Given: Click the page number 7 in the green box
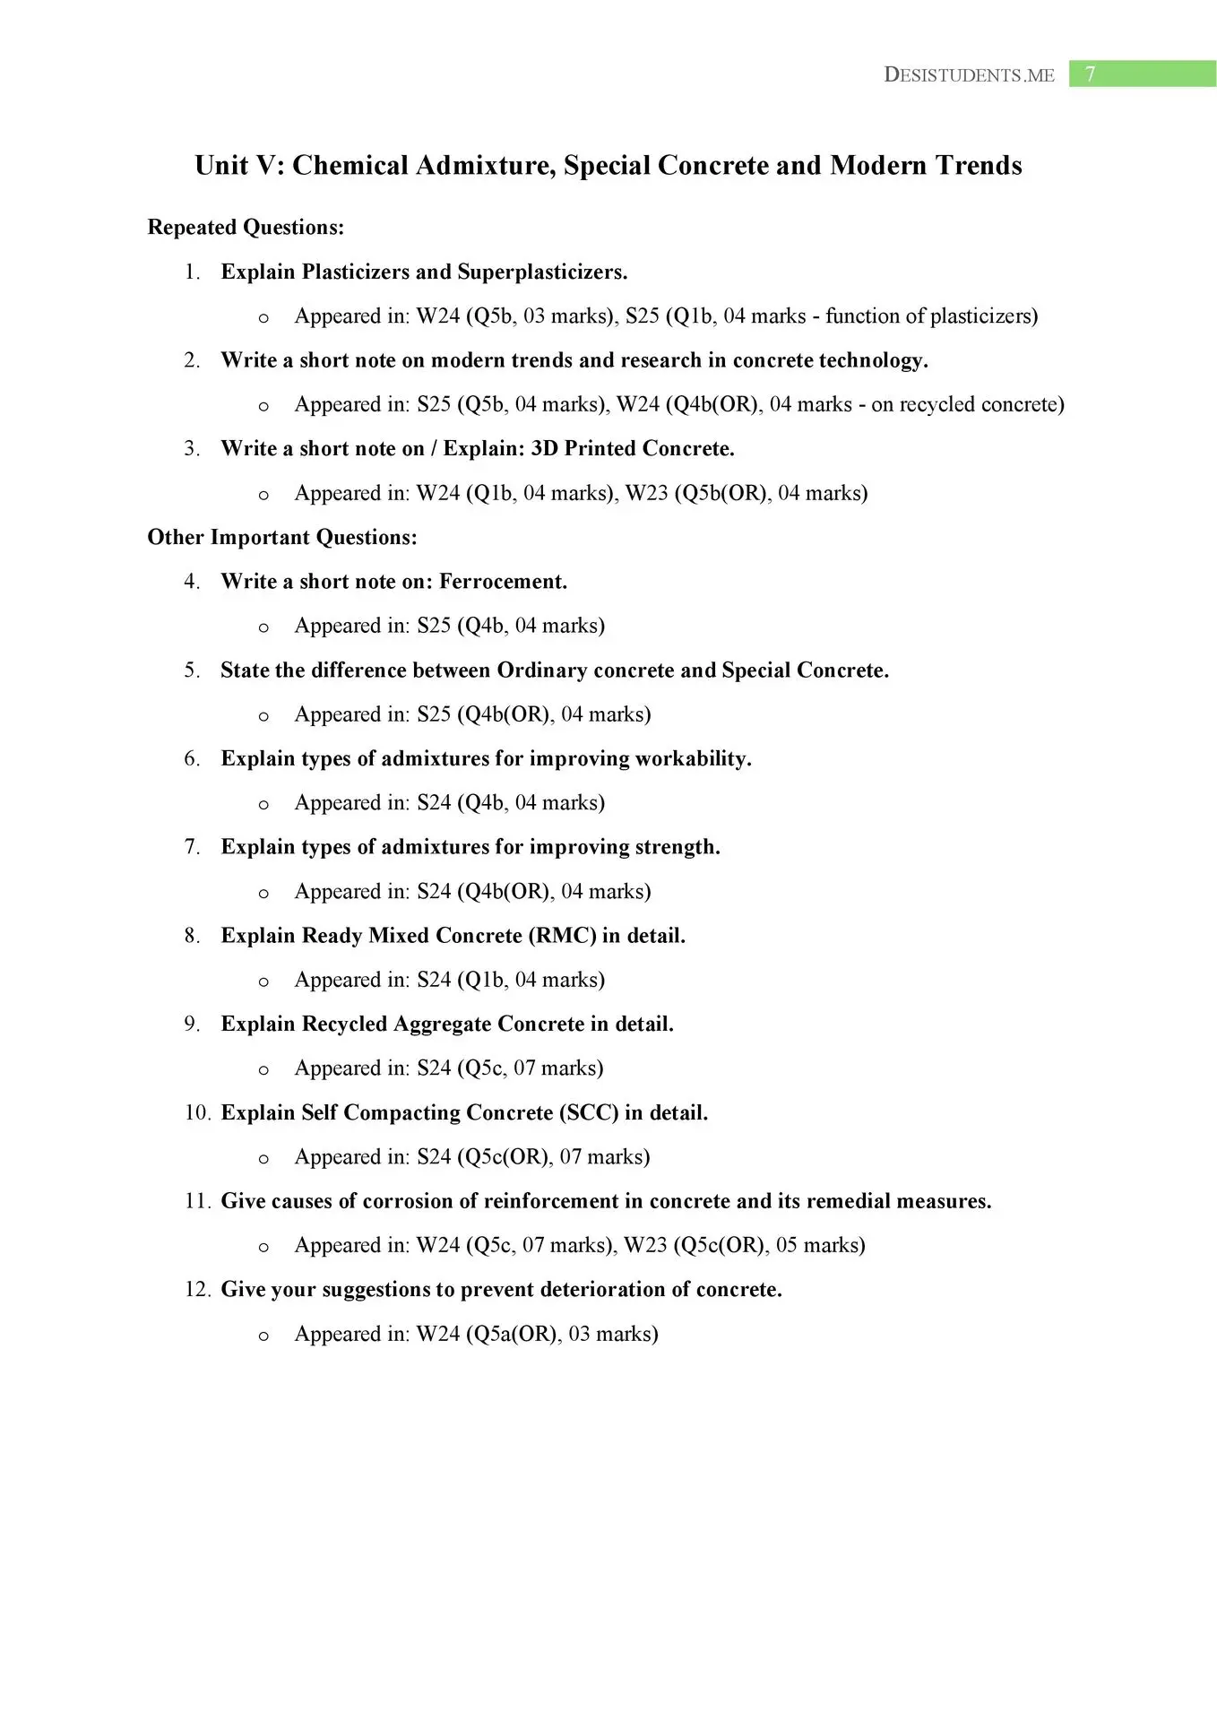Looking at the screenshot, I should pyautogui.click(x=1090, y=74).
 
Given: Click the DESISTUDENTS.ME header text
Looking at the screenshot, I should pyautogui.click(x=969, y=75).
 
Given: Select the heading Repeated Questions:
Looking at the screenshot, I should pyautogui.click(x=246, y=228).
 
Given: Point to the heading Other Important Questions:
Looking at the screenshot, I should pyautogui.click(x=282, y=538).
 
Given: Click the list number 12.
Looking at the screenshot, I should pyautogui.click(x=197, y=1290).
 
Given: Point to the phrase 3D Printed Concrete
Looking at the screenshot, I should pyautogui.click(x=633, y=449).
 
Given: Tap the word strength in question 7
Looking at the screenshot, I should pyautogui.click(x=677, y=847).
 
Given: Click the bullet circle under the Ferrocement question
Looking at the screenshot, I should pyautogui.click(x=263, y=628).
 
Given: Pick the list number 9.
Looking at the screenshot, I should pyautogui.click(x=192, y=1025).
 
